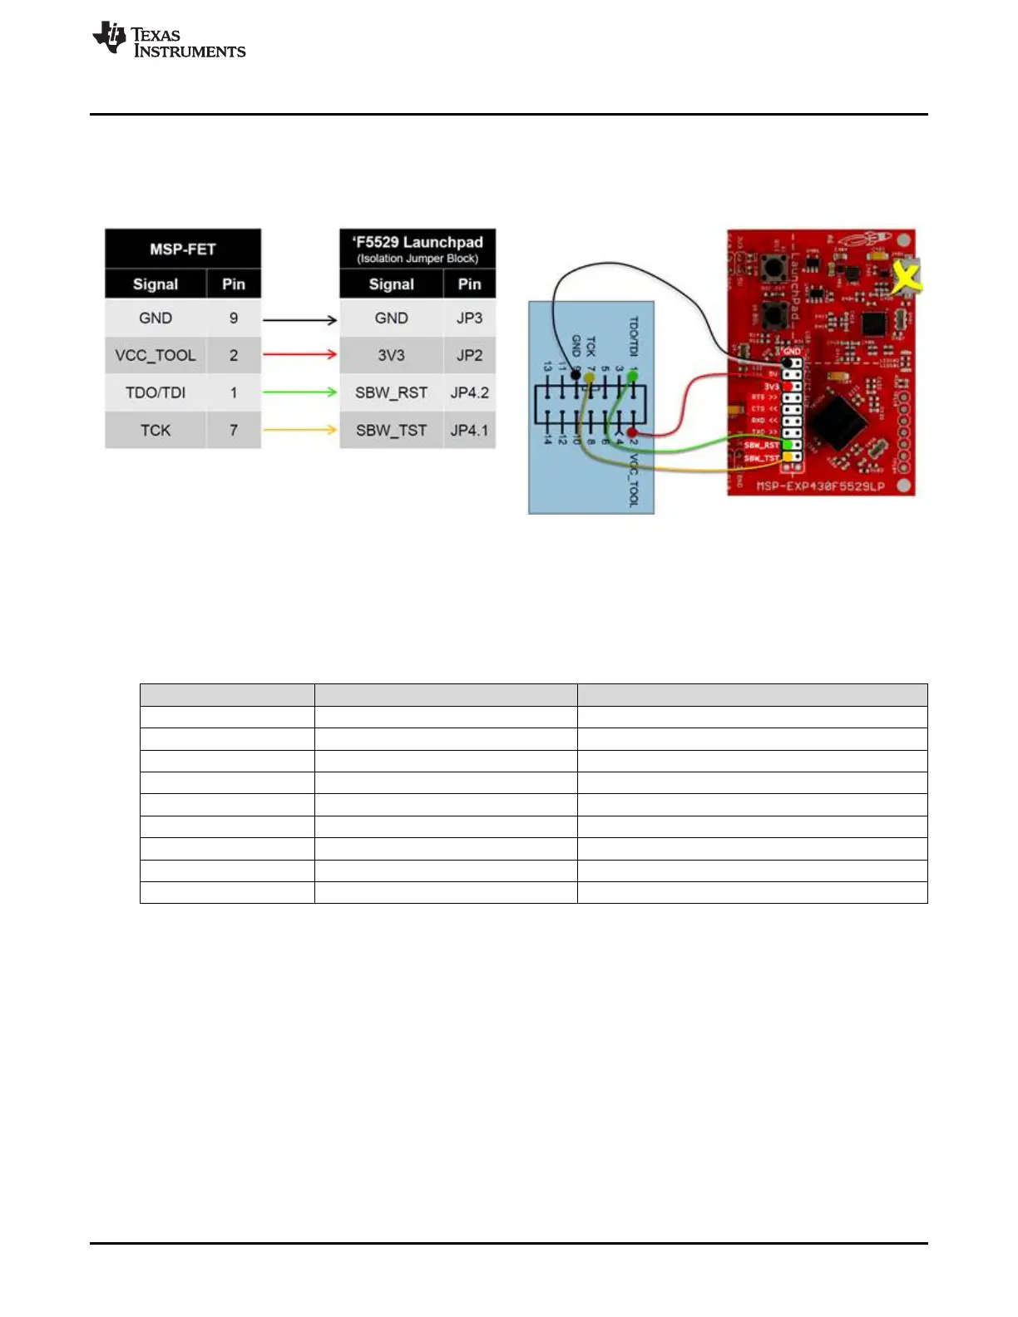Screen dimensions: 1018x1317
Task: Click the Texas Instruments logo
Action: pyautogui.click(x=169, y=41)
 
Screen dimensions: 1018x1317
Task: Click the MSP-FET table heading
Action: pyautogui.click(x=183, y=249)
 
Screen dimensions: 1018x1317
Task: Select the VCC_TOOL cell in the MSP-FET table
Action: pyautogui.click(x=156, y=355)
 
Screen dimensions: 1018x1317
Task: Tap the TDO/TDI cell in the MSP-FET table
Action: pyautogui.click(x=156, y=392)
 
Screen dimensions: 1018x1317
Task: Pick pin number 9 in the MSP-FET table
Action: pyautogui.click(x=234, y=318)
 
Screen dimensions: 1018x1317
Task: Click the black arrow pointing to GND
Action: pyautogui.click(x=300, y=319)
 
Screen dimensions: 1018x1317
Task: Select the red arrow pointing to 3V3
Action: pyautogui.click(x=300, y=355)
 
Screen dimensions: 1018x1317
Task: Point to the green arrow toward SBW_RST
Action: pyautogui.click(x=300, y=392)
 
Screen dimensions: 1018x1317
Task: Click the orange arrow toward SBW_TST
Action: pyautogui.click(x=300, y=430)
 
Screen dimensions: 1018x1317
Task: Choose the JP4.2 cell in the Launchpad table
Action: pyautogui.click(x=469, y=392)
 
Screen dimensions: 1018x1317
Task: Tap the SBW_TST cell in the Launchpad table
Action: pyautogui.click(x=391, y=430)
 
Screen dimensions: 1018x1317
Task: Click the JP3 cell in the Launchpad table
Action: pyautogui.click(x=469, y=318)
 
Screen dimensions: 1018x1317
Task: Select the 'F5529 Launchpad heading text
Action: pyautogui.click(x=418, y=242)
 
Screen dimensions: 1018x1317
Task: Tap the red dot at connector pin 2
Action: pyautogui.click(x=633, y=432)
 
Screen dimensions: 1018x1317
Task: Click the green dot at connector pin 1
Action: pyautogui.click(x=633, y=377)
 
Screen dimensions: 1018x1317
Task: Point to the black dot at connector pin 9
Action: pyautogui.click(x=576, y=376)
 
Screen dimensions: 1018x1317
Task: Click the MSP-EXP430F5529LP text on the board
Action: pyautogui.click(x=820, y=486)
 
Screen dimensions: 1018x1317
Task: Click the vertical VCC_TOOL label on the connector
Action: pyautogui.click(x=633, y=481)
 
